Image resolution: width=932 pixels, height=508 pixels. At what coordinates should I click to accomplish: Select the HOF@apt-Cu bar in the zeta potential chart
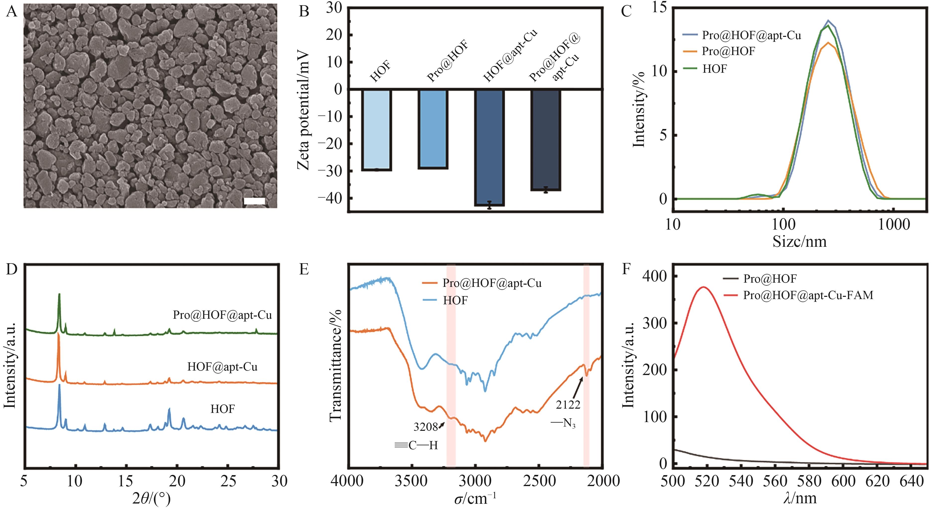[489, 146]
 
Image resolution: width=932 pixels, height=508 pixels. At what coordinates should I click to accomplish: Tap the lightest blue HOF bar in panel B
[376, 129]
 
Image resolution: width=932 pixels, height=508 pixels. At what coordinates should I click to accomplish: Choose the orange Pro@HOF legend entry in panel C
[728, 51]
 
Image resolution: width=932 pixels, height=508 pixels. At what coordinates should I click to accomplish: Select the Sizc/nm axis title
[799, 241]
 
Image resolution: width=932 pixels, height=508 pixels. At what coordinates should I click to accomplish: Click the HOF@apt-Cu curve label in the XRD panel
[222, 367]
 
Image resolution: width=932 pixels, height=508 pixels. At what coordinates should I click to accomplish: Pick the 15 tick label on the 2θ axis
[126, 481]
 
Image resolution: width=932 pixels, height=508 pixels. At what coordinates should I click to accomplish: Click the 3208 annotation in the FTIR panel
[425, 427]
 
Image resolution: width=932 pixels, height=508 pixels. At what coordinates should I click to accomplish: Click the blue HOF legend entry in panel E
[455, 300]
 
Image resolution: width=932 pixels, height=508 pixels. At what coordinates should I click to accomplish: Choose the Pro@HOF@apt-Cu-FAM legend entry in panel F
[808, 296]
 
